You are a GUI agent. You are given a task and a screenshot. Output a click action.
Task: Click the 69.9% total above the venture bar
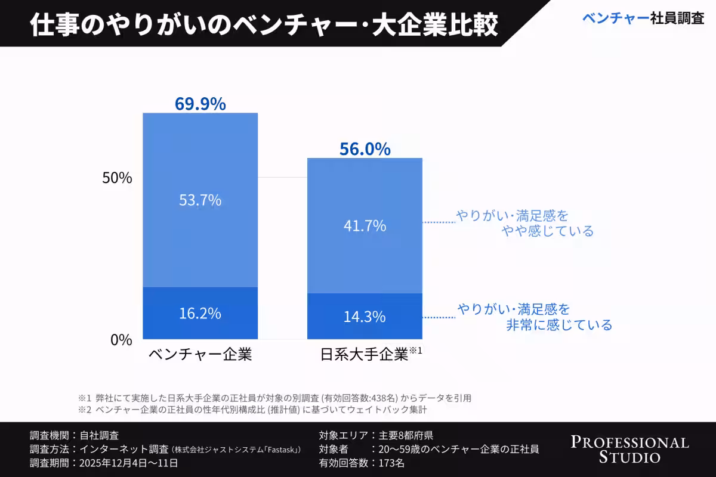tap(200, 104)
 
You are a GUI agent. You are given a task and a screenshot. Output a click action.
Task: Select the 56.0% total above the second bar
tap(365, 149)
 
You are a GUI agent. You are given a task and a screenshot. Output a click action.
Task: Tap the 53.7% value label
tap(200, 200)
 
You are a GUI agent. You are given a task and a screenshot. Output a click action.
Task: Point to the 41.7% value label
tap(365, 226)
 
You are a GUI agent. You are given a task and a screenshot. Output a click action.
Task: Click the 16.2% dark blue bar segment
tap(200, 313)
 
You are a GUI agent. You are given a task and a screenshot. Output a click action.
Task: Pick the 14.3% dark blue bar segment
tap(365, 317)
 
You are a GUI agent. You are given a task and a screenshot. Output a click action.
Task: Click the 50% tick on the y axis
tap(117, 178)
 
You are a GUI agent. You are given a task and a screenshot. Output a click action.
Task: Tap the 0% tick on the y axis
tap(121, 339)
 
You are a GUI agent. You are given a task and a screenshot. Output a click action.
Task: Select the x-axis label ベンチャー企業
tap(200, 355)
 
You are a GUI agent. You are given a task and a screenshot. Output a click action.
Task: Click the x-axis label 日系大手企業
tap(365, 355)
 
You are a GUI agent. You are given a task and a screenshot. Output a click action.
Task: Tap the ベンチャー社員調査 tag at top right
tap(643, 18)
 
